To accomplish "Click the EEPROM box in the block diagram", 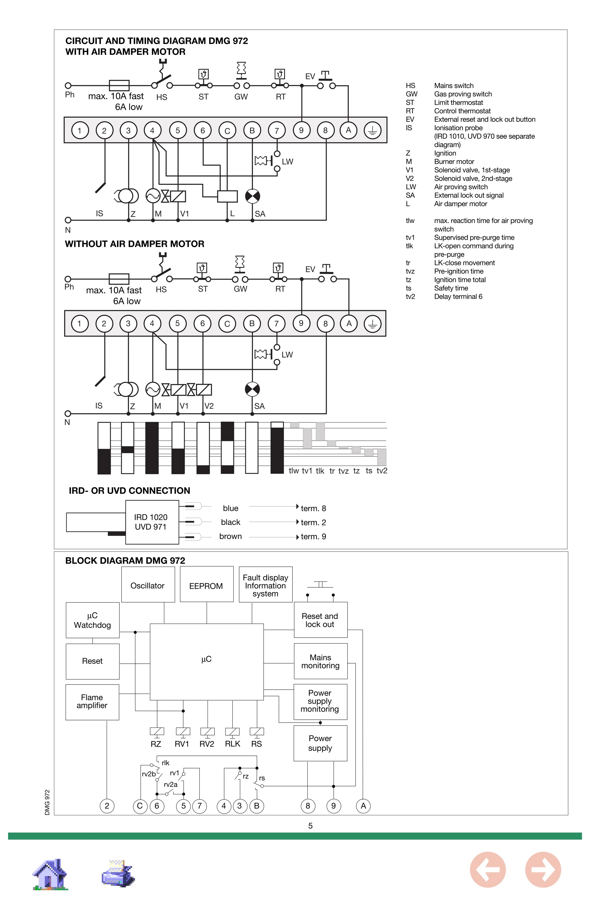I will coord(206,586).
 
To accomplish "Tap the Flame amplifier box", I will coord(92,701).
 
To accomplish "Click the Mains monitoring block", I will coord(320,661).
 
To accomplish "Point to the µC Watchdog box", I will coord(92,620).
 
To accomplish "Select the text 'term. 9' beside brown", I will coord(313,536).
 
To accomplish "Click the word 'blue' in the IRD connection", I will coord(230,508).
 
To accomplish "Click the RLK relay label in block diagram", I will coord(232,744).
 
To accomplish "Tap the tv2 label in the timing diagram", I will coord(382,471).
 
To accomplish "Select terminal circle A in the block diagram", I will coord(363,806).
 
